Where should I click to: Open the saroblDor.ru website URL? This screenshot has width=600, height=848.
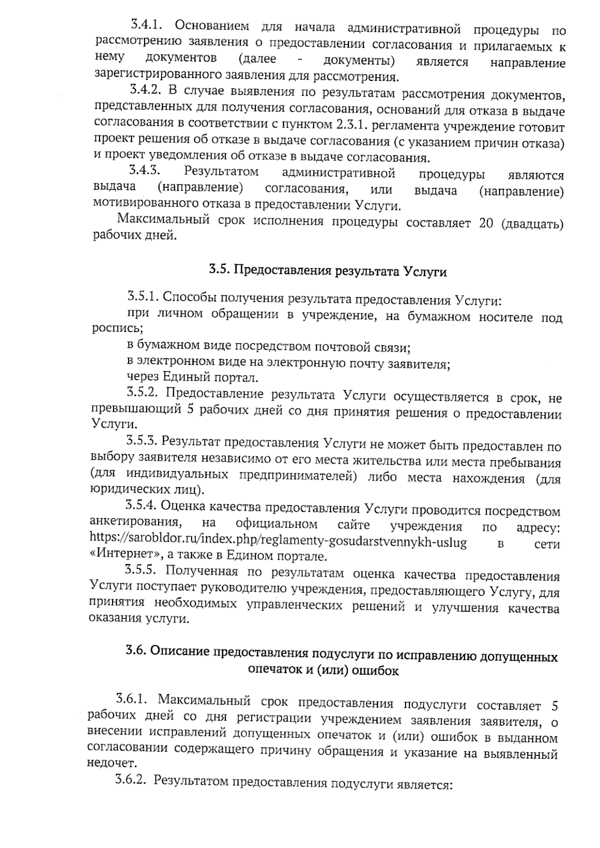tap(278, 542)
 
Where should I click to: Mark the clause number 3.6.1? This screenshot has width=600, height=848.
tap(131, 698)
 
